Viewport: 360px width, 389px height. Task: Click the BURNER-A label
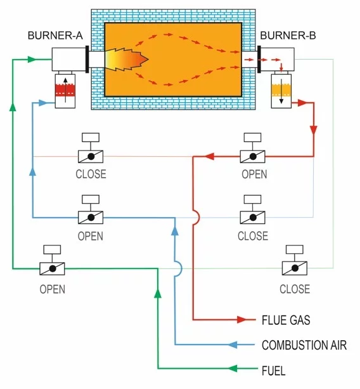(x=55, y=35)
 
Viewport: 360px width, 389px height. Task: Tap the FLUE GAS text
(x=286, y=319)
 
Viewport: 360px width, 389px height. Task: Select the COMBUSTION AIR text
(x=304, y=345)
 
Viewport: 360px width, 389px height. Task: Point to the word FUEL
(x=273, y=370)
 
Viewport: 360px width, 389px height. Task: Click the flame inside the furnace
(x=127, y=59)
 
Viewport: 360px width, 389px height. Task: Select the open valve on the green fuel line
(x=52, y=268)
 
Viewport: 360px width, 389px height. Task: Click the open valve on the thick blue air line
(x=91, y=217)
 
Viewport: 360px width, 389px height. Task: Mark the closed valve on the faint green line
(x=294, y=268)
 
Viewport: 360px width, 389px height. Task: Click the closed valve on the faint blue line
(x=252, y=217)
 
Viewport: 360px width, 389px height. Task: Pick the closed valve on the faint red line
(x=91, y=155)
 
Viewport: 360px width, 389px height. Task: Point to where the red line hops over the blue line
(x=196, y=217)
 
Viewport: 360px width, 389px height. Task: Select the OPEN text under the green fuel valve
(x=52, y=289)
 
